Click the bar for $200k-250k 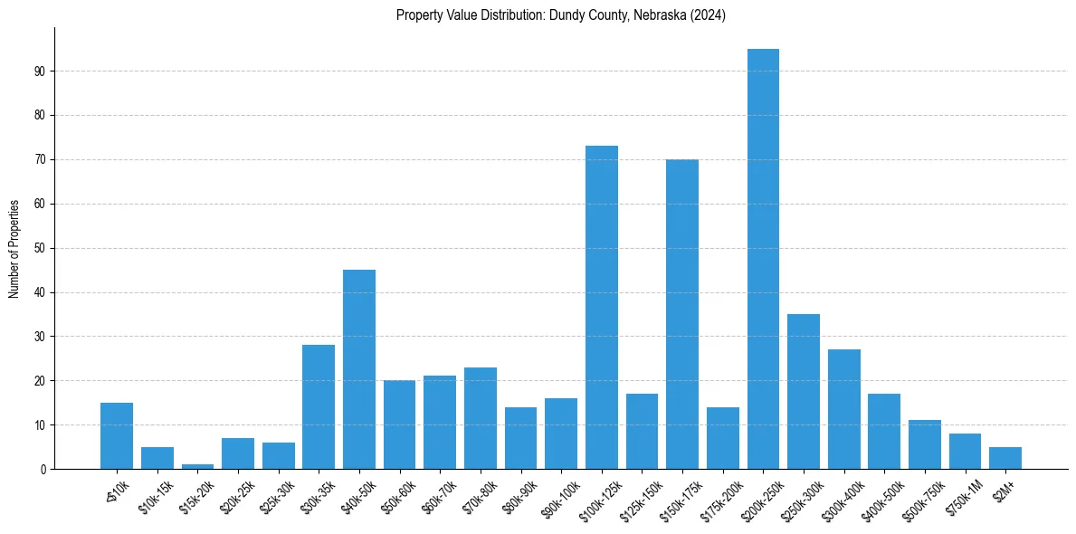pos(763,259)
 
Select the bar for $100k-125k pos(601,308)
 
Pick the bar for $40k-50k pos(359,369)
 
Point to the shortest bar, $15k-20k pos(197,466)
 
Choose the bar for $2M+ pos(1005,458)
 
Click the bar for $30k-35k pos(319,407)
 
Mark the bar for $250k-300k pos(804,392)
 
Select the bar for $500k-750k pos(925,444)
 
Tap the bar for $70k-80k pos(481,418)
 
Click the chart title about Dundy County pos(561,15)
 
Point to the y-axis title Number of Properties pos(14,249)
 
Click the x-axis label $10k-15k pos(153,497)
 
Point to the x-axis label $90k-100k pos(557,499)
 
